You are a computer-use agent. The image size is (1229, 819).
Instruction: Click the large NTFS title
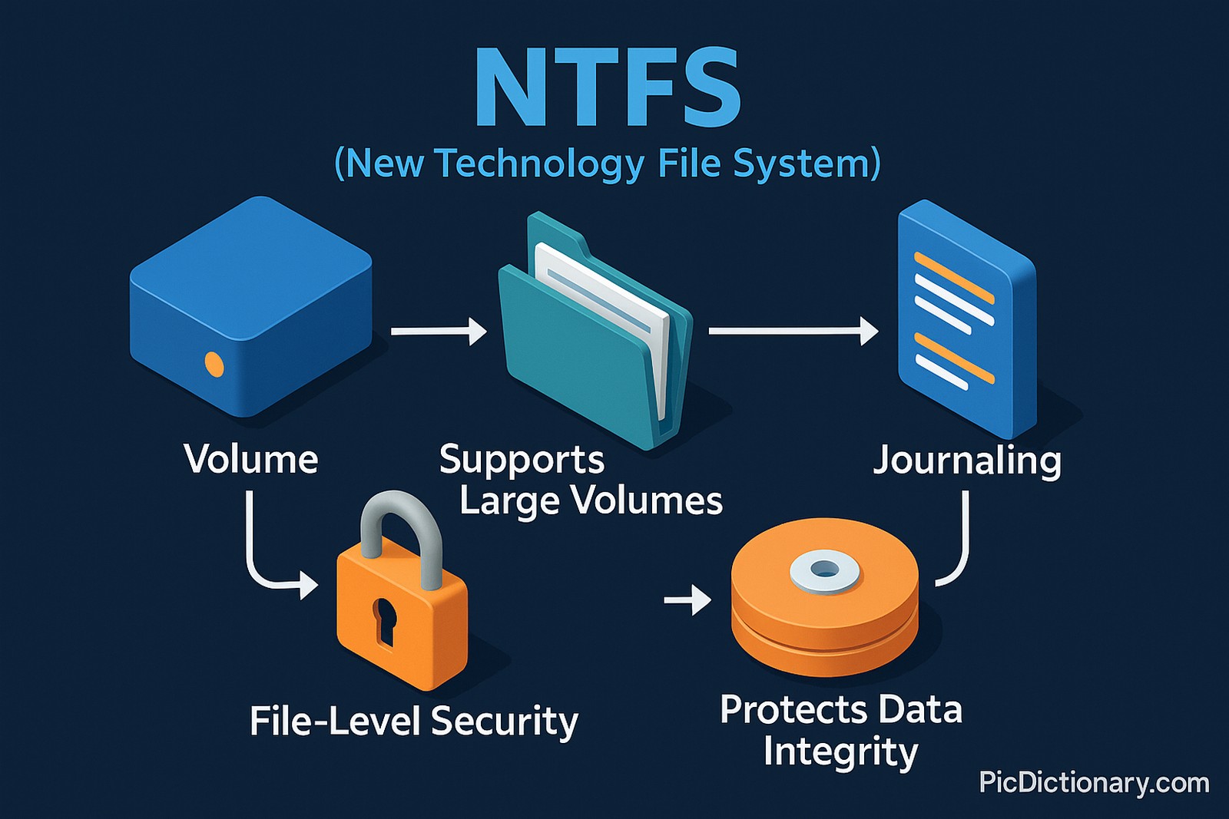tap(607, 88)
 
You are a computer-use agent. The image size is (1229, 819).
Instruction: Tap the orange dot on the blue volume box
tap(214, 365)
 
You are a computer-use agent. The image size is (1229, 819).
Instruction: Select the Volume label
tap(250, 459)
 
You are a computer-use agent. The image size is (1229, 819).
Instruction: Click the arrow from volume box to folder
tap(438, 332)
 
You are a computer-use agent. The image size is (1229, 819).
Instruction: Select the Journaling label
tap(967, 461)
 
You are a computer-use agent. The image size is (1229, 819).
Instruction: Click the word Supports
tap(522, 460)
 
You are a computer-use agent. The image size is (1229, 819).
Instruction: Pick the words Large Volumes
tap(591, 500)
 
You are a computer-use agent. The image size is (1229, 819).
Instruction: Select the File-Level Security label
tap(413, 722)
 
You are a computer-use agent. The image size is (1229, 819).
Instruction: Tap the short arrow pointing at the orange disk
tap(687, 599)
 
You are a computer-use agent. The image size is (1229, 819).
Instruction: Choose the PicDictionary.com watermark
tap(1093, 782)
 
